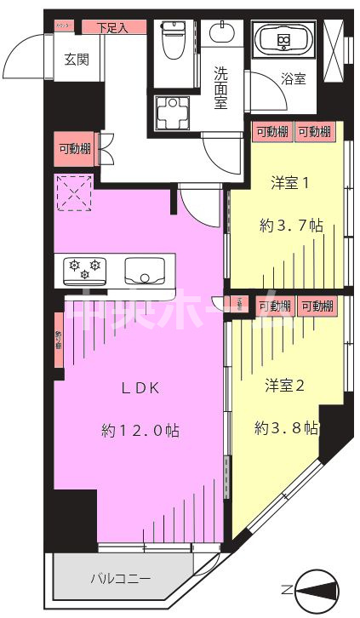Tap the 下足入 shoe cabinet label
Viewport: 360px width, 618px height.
click(111, 27)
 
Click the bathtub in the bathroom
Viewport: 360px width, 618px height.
click(284, 39)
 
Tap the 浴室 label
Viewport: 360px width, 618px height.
click(294, 79)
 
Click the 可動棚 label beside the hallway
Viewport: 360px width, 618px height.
click(75, 148)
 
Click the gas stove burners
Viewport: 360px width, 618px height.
click(85, 270)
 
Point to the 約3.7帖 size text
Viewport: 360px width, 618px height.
click(290, 226)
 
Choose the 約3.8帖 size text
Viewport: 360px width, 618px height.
click(286, 428)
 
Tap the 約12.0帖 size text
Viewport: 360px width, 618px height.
click(140, 431)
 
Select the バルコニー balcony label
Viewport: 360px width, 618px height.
click(121, 579)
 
